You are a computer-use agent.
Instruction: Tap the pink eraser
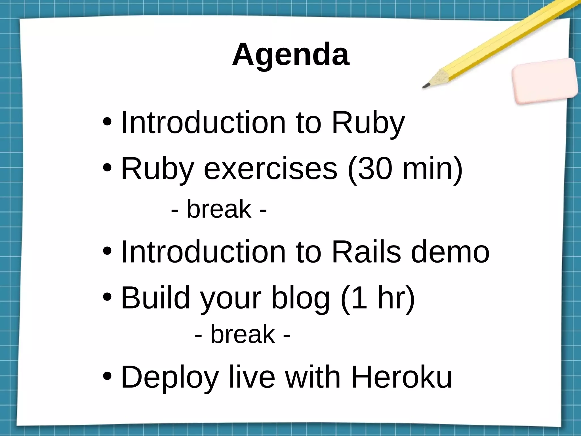click(x=545, y=81)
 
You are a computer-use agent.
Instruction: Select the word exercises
click(x=271, y=169)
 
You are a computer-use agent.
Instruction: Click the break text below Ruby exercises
click(x=219, y=209)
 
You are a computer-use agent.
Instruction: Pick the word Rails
click(x=366, y=252)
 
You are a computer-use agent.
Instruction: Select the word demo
click(x=450, y=252)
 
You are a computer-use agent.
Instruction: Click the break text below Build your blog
click(x=243, y=334)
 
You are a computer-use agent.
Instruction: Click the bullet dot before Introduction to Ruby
click(x=107, y=123)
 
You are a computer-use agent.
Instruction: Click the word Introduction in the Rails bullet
click(x=203, y=252)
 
